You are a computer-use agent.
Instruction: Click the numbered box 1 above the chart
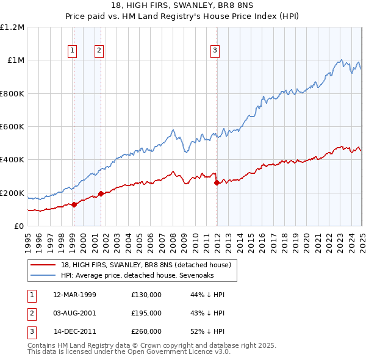(73, 51)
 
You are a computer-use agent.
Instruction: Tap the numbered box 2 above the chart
(99, 51)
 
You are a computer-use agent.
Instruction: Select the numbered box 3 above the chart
(215, 51)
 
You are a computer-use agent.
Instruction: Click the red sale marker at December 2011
(217, 182)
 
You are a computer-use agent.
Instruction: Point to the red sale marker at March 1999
(74, 204)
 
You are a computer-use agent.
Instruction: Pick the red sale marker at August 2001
(101, 194)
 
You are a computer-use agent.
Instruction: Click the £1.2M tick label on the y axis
(12, 27)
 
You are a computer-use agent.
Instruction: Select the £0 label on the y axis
(19, 226)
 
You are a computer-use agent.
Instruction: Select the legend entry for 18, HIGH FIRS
(146, 265)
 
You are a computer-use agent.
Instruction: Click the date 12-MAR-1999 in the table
(75, 295)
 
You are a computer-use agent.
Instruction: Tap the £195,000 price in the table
(146, 313)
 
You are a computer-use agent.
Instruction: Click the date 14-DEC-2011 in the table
(75, 331)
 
